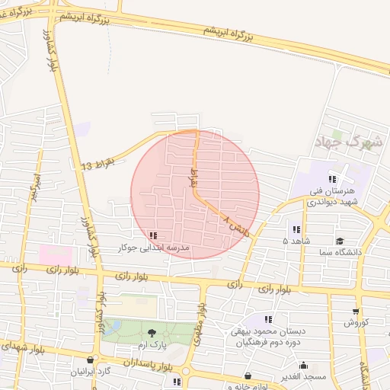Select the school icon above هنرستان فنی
[x=332, y=179]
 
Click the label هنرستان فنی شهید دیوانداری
[x=332, y=197]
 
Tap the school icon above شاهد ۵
[x=296, y=229]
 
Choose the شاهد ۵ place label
[x=296, y=241]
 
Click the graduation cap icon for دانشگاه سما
[x=339, y=241]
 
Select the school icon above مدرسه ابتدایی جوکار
[x=154, y=236]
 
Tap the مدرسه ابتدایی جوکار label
[x=154, y=248]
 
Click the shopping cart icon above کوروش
[x=356, y=311]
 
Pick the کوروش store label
[x=356, y=322]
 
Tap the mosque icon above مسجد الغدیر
[x=303, y=365]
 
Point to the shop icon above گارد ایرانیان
[x=91, y=360]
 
